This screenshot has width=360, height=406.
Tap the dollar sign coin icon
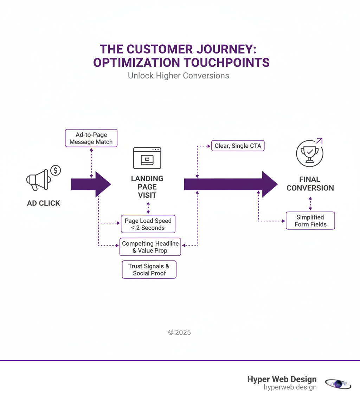[x=56, y=170]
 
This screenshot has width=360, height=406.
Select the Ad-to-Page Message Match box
[x=91, y=138]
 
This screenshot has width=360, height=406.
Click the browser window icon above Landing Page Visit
[x=147, y=158]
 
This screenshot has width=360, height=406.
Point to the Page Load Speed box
[x=148, y=224]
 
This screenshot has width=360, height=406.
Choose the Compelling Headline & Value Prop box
[x=150, y=247]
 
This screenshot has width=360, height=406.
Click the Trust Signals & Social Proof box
[x=149, y=270]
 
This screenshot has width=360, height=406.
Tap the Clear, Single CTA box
[x=238, y=146]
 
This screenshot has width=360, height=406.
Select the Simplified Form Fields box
[x=310, y=221]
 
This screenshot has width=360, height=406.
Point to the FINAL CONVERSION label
[x=310, y=184]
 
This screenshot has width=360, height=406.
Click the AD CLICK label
[x=44, y=203]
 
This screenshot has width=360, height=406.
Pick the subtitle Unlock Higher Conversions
[x=178, y=76]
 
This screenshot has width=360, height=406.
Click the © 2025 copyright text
[x=179, y=332]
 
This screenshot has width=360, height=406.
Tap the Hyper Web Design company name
[x=282, y=379]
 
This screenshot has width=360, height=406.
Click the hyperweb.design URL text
[x=290, y=387]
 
